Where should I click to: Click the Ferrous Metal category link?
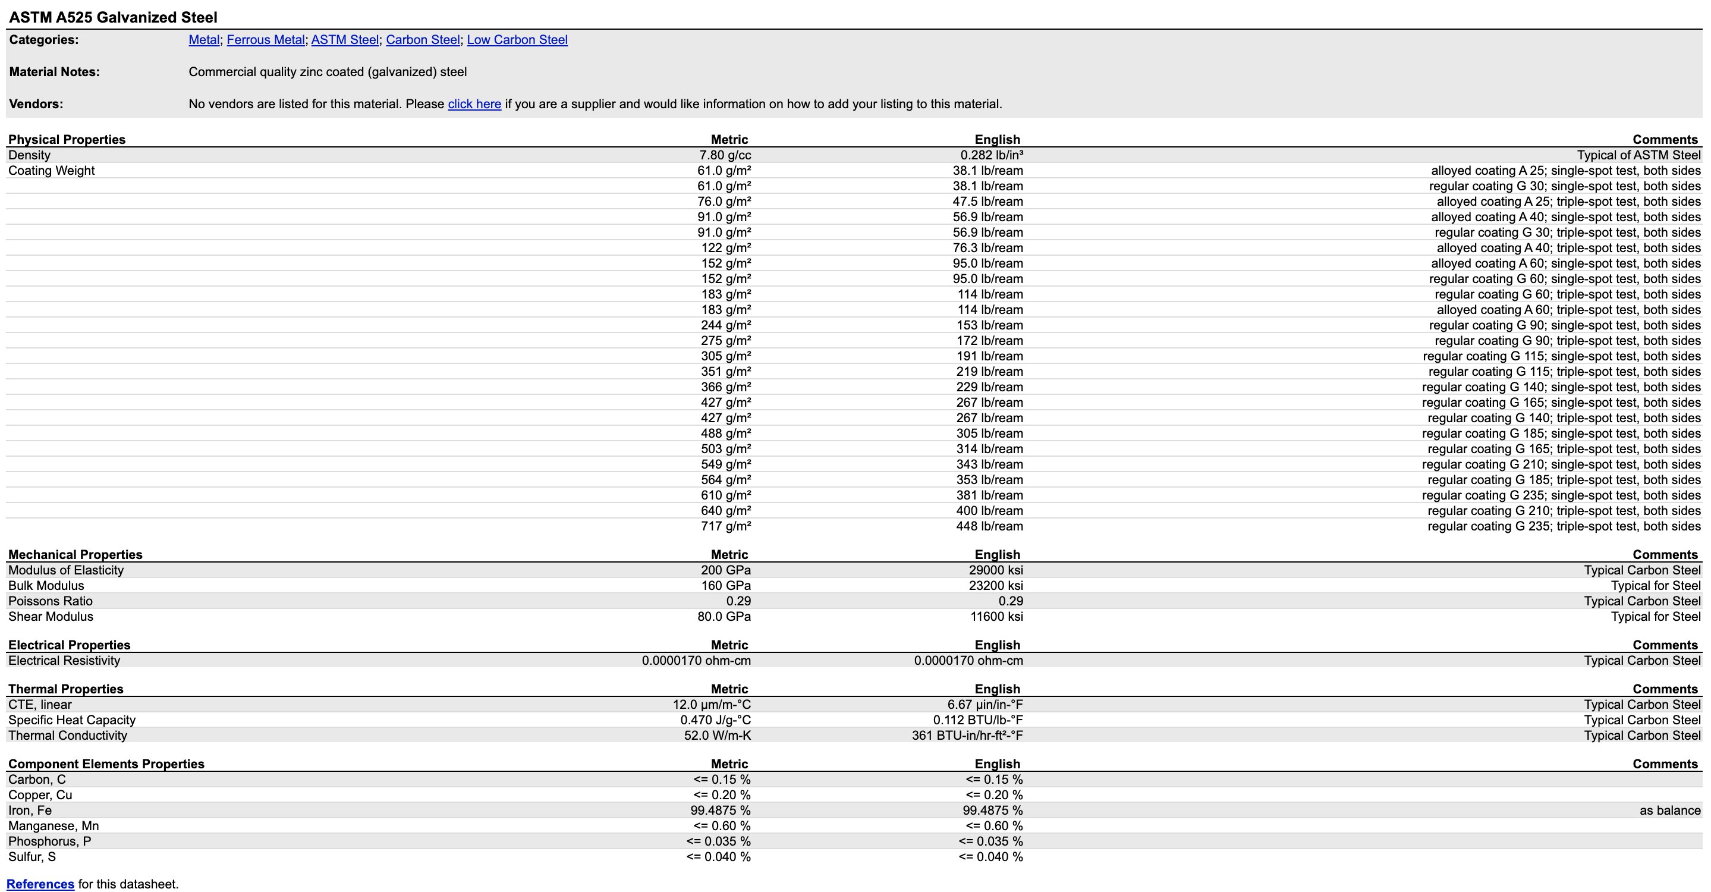pyautogui.click(x=265, y=40)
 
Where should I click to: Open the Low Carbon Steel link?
pyautogui.click(x=517, y=40)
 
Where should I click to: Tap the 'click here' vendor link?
pyautogui.click(x=474, y=104)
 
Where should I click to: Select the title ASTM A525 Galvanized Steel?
pyautogui.click(x=113, y=17)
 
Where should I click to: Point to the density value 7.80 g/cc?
pyautogui.click(x=725, y=155)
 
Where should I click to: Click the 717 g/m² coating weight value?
pyautogui.click(x=725, y=527)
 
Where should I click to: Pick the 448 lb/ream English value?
pyautogui.click(x=989, y=527)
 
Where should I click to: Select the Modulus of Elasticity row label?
pyautogui.click(x=66, y=570)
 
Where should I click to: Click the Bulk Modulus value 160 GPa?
pyautogui.click(x=725, y=586)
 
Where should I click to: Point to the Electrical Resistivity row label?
pyautogui.click(x=64, y=661)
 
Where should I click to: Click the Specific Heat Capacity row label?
pyautogui.click(x=72, y=721)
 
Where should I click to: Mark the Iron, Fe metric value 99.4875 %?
pyautogui.click(x=720, y=811)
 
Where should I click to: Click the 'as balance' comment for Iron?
pyautogui.click(x=1670, y=811)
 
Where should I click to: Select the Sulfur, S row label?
pyautogui.click(x=32, y=858)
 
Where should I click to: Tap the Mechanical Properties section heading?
pyautogui.click(x=75, y=555)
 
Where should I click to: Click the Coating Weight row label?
pyautogui.click(x=51, y=171)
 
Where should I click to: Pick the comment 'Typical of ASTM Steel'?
pyautogui.click(x=1638, y=155)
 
